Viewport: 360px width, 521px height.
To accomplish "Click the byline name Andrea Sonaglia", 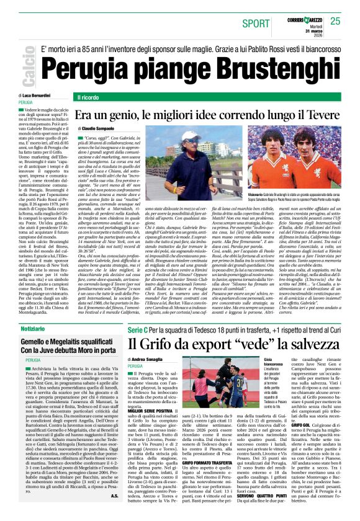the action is [152, 358].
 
